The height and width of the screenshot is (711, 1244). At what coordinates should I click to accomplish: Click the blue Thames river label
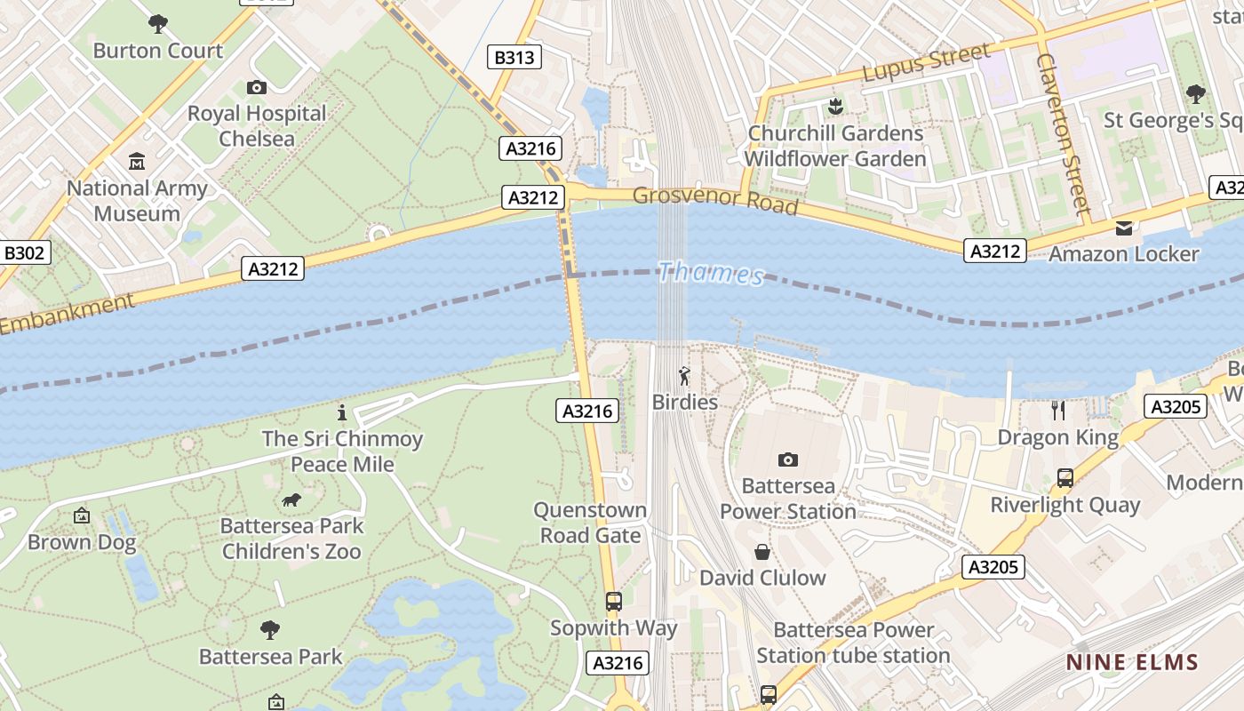click(711, 273)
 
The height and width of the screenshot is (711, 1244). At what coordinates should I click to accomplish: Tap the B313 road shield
click(514, 58)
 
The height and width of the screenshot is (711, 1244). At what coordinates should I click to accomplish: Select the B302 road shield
click(24, 253)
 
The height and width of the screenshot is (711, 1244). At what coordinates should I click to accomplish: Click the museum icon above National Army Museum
click(137, 162)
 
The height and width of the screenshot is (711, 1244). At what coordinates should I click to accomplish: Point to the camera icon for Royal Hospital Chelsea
click(257, 87)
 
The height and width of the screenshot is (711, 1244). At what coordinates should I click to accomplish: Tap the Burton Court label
click(157, 50)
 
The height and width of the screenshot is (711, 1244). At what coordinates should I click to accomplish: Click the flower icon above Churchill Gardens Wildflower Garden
click(834, 108)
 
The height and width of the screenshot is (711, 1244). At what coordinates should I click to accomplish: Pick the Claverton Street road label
click(1062, 133)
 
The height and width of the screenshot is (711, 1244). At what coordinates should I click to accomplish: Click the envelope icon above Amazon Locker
click(1124, 228)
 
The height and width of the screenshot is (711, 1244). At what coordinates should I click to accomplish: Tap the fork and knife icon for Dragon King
click(1057, 410)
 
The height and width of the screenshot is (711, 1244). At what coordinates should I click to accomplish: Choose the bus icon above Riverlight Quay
click(1065, 478)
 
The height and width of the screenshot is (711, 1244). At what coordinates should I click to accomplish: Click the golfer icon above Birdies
click(684, 375)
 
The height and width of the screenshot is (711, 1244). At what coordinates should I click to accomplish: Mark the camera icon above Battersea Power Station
click(787, 459)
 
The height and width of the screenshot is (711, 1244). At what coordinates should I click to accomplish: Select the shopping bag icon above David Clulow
click(762, 552)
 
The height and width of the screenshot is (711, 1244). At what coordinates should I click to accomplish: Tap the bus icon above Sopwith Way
click(613, 602)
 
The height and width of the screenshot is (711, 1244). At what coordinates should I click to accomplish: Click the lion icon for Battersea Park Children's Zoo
click(291, 500)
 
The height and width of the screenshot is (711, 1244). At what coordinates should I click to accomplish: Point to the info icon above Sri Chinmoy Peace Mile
click(342, 412)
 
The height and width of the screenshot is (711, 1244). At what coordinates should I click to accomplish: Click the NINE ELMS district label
click(1132, 662)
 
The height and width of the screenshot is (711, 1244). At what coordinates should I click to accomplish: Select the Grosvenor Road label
click(715, 199)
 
